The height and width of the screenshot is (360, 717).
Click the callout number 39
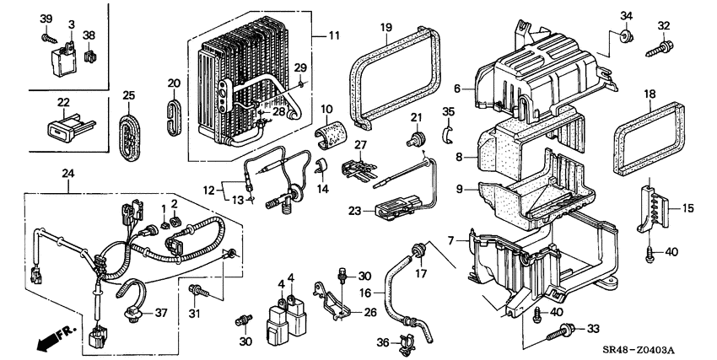46,19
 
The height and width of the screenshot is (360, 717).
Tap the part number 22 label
62,103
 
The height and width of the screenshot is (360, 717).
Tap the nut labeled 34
626,36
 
